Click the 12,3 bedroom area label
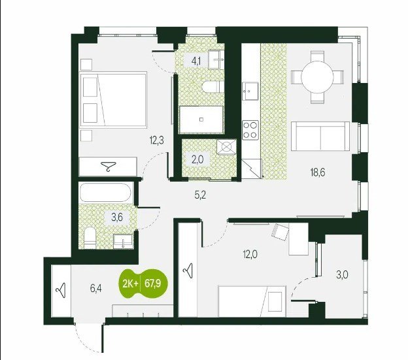(157, 140)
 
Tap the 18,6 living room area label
(318, 172)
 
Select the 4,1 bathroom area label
(195, 62)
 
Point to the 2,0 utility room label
(197, 159)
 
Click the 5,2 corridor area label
(200, 195)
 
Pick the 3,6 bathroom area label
(117, 218)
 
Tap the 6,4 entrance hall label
(95, 289)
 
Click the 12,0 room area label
(250, 254)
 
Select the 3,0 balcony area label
(342, 275)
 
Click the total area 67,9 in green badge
(153, 284)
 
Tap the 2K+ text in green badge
(130, 284)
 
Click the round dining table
(317, 77)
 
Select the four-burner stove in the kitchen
(250, 130)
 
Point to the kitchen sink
(250, 91)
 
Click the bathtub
(105, 193)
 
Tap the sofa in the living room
(320, 136)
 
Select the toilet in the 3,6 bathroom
(90, 237)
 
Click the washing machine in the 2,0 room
(227, 147)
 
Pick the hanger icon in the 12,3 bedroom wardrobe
(109, 166)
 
